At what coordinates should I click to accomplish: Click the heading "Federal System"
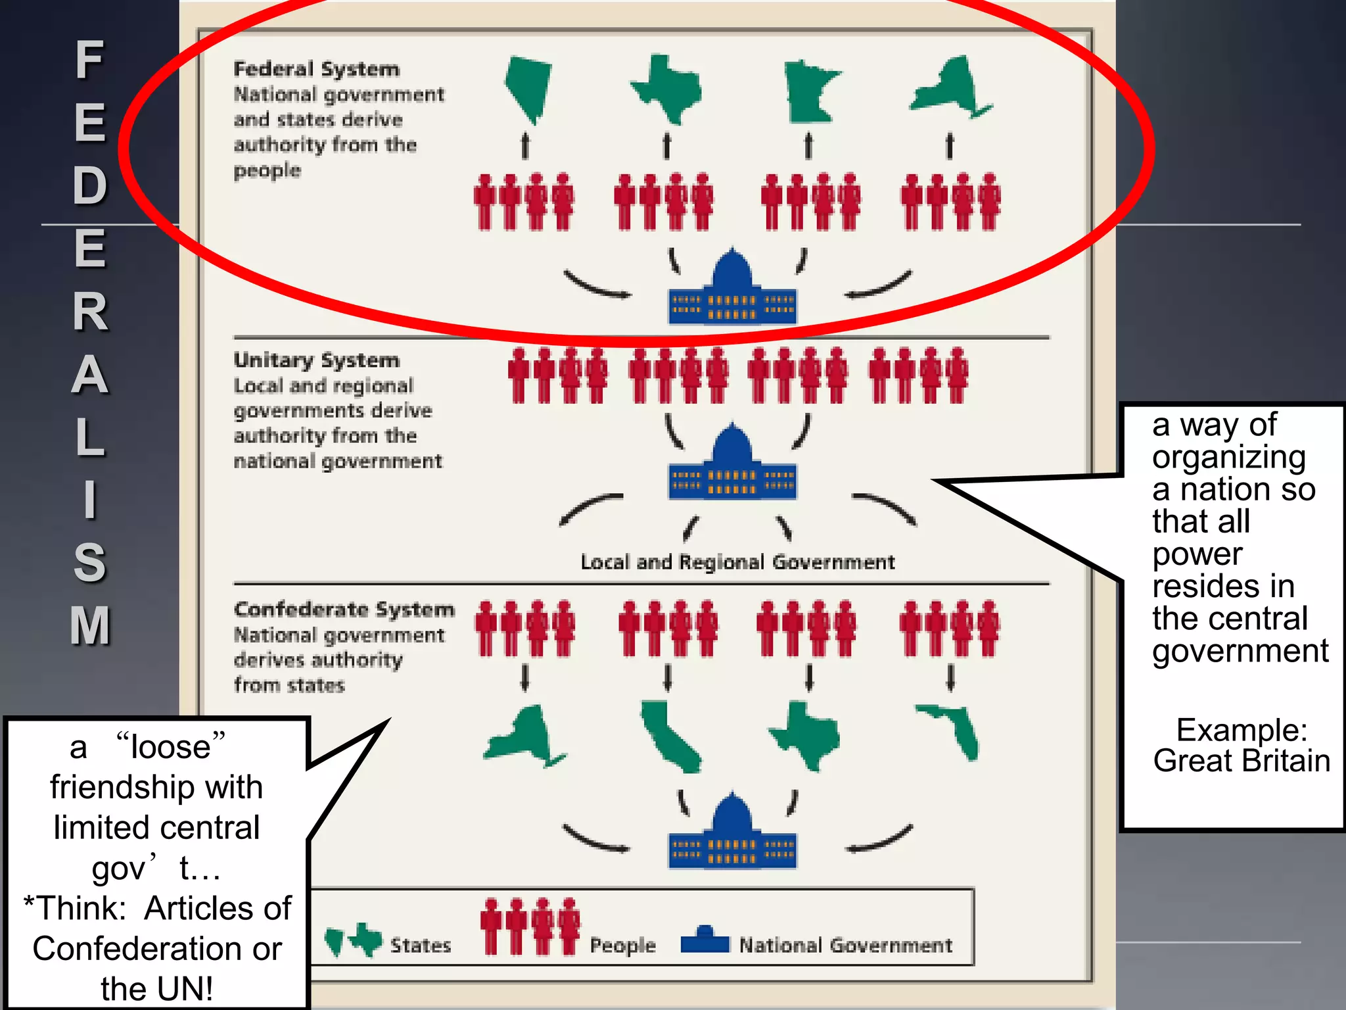pos(316,69)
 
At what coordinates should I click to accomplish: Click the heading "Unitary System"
pos(316,360)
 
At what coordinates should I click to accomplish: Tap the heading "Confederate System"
pos(344,610)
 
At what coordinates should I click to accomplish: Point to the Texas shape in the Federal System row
pos(667,89)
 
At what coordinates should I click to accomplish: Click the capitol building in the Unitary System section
pos(732,464)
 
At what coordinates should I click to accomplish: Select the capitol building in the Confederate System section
pos(732,833)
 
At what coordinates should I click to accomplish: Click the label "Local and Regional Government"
pos(737,562)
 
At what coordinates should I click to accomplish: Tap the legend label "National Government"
pos(845,946)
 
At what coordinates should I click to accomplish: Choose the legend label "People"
pos(622,946)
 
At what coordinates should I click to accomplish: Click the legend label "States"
pos(421,946)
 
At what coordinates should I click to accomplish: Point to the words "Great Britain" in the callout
pos(1242,761)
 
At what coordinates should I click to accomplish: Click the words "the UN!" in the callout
pos(156,988)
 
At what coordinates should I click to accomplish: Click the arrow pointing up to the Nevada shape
pos(525,146)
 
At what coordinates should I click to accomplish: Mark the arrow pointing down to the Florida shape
pos(950,677)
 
